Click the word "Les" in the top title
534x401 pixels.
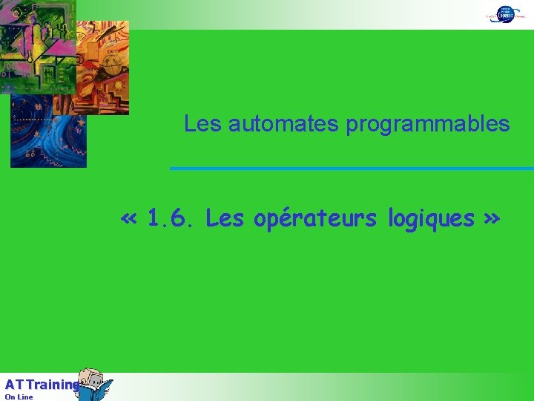[x=202, y=123]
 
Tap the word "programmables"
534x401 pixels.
[x=428, y=124]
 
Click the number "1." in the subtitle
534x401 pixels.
[x=156, y=219]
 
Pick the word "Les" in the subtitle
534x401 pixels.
[x=224, y=219]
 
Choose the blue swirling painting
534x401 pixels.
[x=48, y=137]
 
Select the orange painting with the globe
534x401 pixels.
[x=102, y=67]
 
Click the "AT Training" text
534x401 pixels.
[x=41, y=385]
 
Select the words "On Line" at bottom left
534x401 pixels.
[x=19, y=397]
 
